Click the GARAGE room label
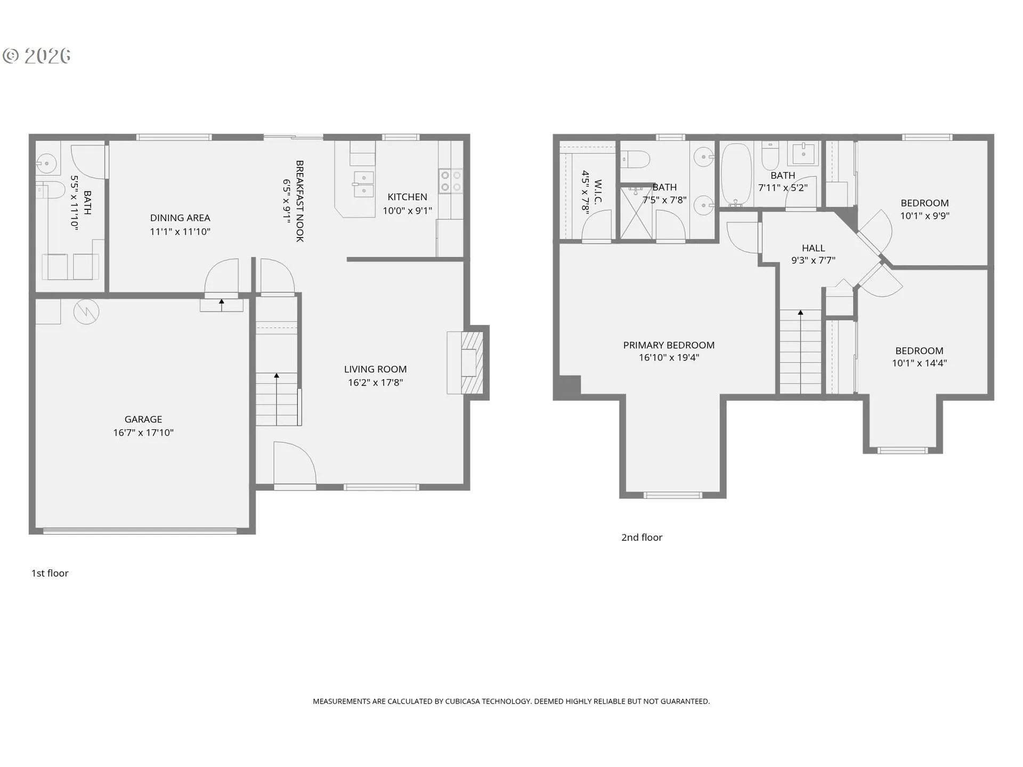tap(143, 419)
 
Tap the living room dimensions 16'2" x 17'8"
tap(375, 382)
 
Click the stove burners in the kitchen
tap(450, 181)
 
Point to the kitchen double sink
tap(363, 184)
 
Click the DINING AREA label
tap(180, 218)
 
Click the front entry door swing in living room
tap(293, 463)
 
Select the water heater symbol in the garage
tap(86, 312)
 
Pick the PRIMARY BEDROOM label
tap(669, 345)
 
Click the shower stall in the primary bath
tap(635, 213)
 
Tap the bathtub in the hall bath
tap(736, 175)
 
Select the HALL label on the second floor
tap(813, 248)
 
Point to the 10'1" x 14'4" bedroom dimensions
tap(919, 363)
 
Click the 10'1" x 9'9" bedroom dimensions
tap(924, 216)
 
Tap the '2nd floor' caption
tap(642, 537)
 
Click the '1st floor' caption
tap(50, 573)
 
